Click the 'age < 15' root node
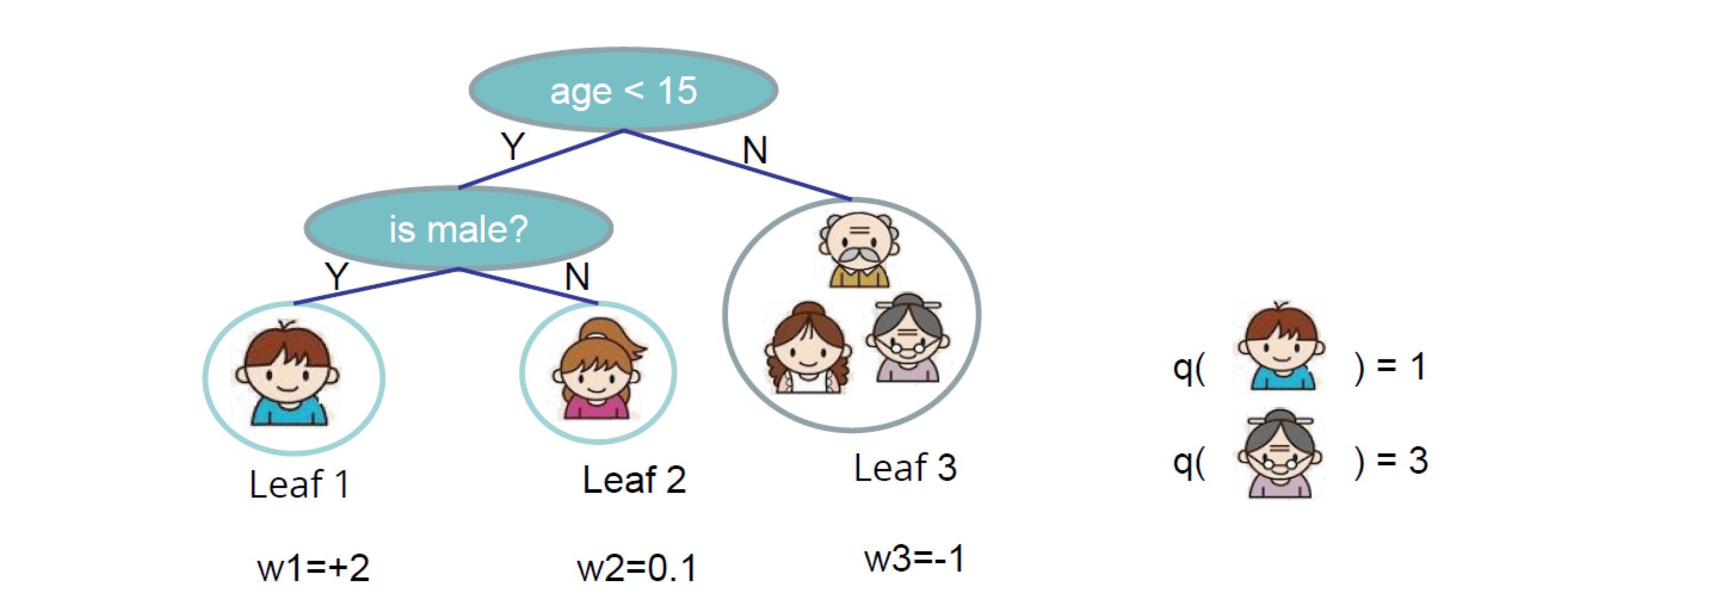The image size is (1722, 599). point(623,90)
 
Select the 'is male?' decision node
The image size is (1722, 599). point(459,229)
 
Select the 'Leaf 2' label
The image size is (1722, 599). point(634,479)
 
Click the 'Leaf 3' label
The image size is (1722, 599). point(905,467)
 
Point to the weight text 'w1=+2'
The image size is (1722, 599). point(313,568)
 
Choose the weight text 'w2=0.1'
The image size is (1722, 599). point(637,568)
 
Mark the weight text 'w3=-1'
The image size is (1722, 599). point(915,558)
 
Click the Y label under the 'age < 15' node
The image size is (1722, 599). point(513,146)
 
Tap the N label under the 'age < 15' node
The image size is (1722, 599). point(755,150)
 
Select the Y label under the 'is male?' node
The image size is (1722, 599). point(337,276)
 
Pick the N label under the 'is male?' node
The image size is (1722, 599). point(577,276)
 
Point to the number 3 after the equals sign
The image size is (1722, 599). point(1418,460)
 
